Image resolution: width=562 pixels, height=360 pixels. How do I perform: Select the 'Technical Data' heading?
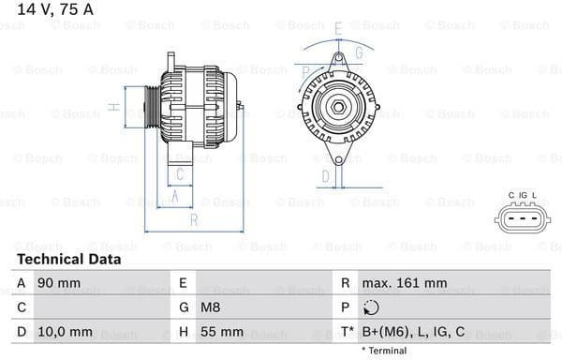coord(68,259)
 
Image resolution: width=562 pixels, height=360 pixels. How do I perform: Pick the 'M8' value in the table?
coord(212,307)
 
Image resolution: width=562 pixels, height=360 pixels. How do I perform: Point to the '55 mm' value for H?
coord(221,331)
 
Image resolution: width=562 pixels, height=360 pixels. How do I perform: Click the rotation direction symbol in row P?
coord(370,307)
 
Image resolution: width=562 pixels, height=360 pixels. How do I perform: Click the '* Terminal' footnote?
coord(384,351)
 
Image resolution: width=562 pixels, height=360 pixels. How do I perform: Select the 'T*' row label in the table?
coord(348,331)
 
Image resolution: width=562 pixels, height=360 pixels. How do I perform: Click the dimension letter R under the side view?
coord(193,220)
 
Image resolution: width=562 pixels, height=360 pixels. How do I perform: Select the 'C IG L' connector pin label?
coord(523,195)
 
